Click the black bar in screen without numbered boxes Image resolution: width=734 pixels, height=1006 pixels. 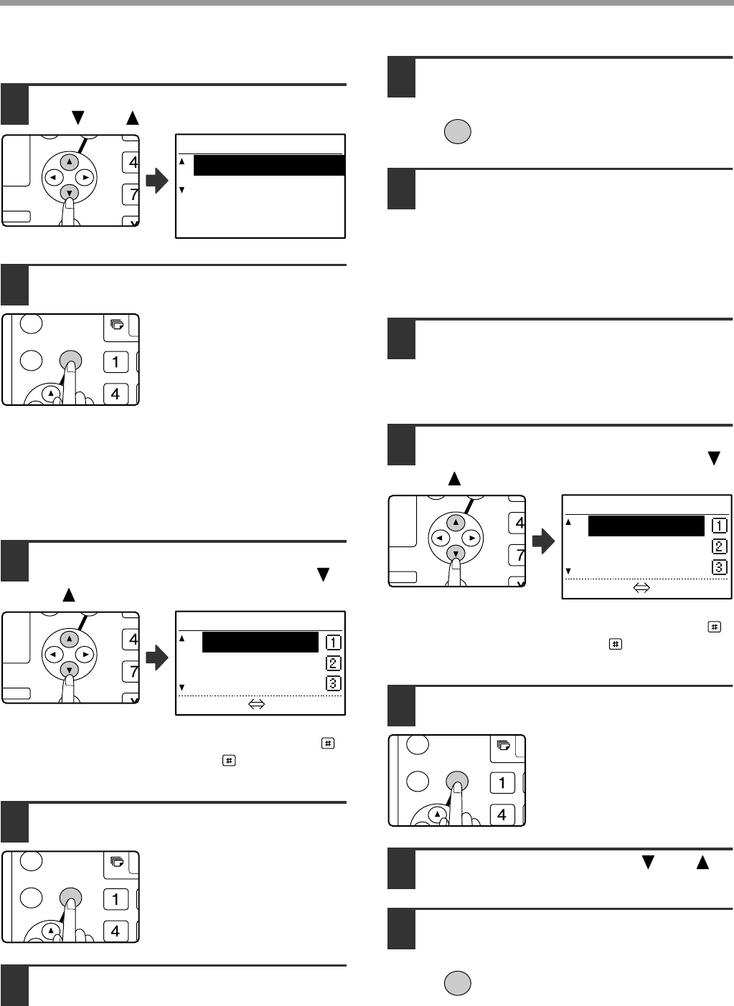point(269,165)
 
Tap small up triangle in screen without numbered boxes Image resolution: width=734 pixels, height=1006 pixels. point(182,161)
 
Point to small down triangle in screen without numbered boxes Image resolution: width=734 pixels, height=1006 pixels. point(182,190)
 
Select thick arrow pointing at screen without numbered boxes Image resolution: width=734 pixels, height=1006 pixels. point(157,181)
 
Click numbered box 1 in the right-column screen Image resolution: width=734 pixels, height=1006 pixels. point(719,526)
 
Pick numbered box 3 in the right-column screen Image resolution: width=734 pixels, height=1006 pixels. point(719,567)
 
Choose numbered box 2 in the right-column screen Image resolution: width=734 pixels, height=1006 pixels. point(719,546)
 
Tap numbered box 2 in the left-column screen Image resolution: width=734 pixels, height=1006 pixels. point(333,663)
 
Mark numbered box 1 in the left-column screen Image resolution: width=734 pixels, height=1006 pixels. point(333,642)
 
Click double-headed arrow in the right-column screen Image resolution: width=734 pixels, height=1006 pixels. point(641,588)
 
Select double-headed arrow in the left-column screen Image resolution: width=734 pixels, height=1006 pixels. point(257,704)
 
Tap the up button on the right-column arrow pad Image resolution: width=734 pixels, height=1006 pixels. point(456,523)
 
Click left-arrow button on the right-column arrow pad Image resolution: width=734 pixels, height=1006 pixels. point(440,538)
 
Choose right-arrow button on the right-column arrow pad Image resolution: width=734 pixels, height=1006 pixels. point(471,538)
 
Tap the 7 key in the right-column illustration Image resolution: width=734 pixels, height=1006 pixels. point(517,556)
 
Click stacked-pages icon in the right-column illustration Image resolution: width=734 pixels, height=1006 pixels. point(504,745)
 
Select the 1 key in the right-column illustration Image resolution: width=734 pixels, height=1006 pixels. point(502,783)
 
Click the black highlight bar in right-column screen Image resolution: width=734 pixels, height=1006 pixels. point(646,526)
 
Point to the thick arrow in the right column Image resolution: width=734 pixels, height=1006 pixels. point(543,541)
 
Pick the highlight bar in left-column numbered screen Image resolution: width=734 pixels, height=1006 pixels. point(260,642)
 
